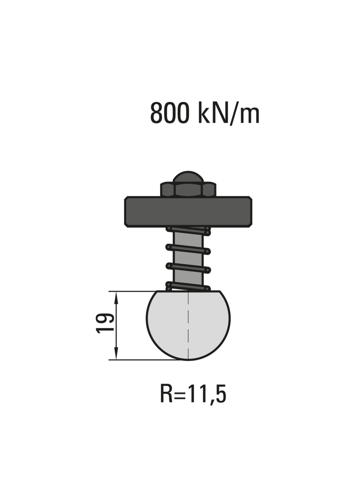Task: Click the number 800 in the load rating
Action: [169, 113]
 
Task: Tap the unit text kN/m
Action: [229, 113]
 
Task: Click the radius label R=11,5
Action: [193, 394]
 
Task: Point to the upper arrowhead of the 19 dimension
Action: [116, 298]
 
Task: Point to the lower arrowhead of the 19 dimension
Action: [116, 353]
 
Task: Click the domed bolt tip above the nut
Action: [188, 177]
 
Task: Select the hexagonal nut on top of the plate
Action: [188, 190]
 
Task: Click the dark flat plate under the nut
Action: [188, 212]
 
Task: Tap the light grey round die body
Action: [188, 325]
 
